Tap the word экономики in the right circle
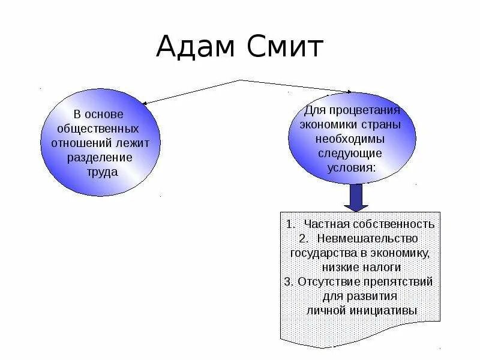coord(332,125)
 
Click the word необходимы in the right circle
coord(352,139)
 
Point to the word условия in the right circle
coord(352,167)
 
